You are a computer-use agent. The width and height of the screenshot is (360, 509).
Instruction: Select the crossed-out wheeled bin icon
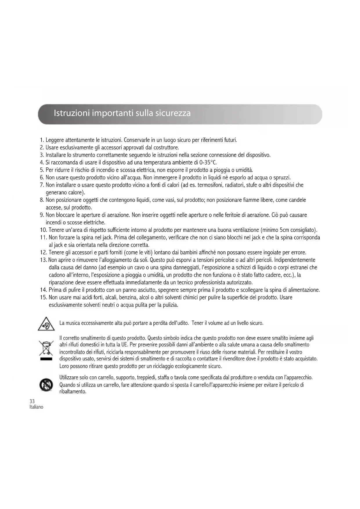click(x=46, y=350)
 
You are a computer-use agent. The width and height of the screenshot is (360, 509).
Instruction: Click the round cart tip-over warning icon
click(x=46, y=385)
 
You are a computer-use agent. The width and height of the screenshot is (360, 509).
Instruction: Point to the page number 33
click(x=32, y=401)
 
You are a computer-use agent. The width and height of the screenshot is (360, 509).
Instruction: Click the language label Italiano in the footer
click(x=36, y=407)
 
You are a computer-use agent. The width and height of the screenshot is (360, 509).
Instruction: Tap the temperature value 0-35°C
click(x=207, y=162)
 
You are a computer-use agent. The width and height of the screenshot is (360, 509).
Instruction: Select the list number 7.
click(x=42, y=185)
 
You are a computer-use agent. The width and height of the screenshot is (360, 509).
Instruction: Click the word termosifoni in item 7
click(x=210, y=185)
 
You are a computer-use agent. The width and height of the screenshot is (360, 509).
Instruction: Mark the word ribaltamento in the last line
click(x=73, y=391)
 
